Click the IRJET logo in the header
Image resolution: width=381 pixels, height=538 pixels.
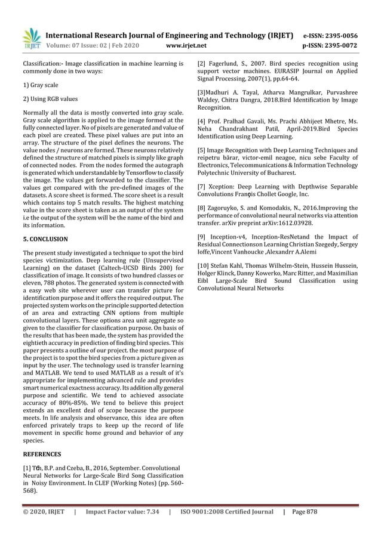click(30, 38)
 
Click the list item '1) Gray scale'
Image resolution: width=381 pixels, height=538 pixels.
click(41, 86)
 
